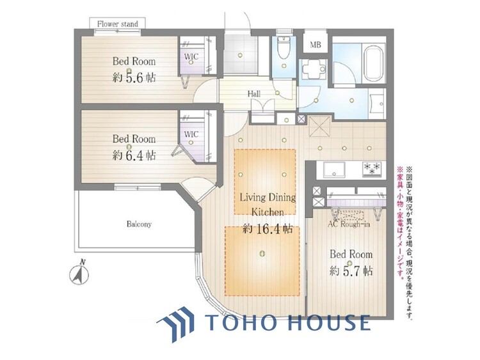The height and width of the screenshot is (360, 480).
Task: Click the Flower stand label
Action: (118, 24)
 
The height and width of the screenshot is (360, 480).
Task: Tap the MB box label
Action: (316, 45)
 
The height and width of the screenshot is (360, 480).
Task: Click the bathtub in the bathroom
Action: (373, 63)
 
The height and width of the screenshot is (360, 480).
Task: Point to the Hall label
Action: (254, 93)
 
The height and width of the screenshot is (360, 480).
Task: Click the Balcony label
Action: (139, 224)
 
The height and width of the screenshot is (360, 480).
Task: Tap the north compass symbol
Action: (79, 272)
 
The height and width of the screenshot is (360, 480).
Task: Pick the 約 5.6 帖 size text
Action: (134, 77)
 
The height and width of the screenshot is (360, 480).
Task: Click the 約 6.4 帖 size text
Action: (134, 155)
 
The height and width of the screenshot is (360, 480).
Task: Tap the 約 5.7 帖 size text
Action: (351, 271)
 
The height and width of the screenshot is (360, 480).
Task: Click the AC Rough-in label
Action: (349, 224)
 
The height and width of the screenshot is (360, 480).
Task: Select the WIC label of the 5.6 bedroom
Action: (191, 56)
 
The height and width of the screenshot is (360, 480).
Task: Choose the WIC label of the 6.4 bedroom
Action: (191, 134)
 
